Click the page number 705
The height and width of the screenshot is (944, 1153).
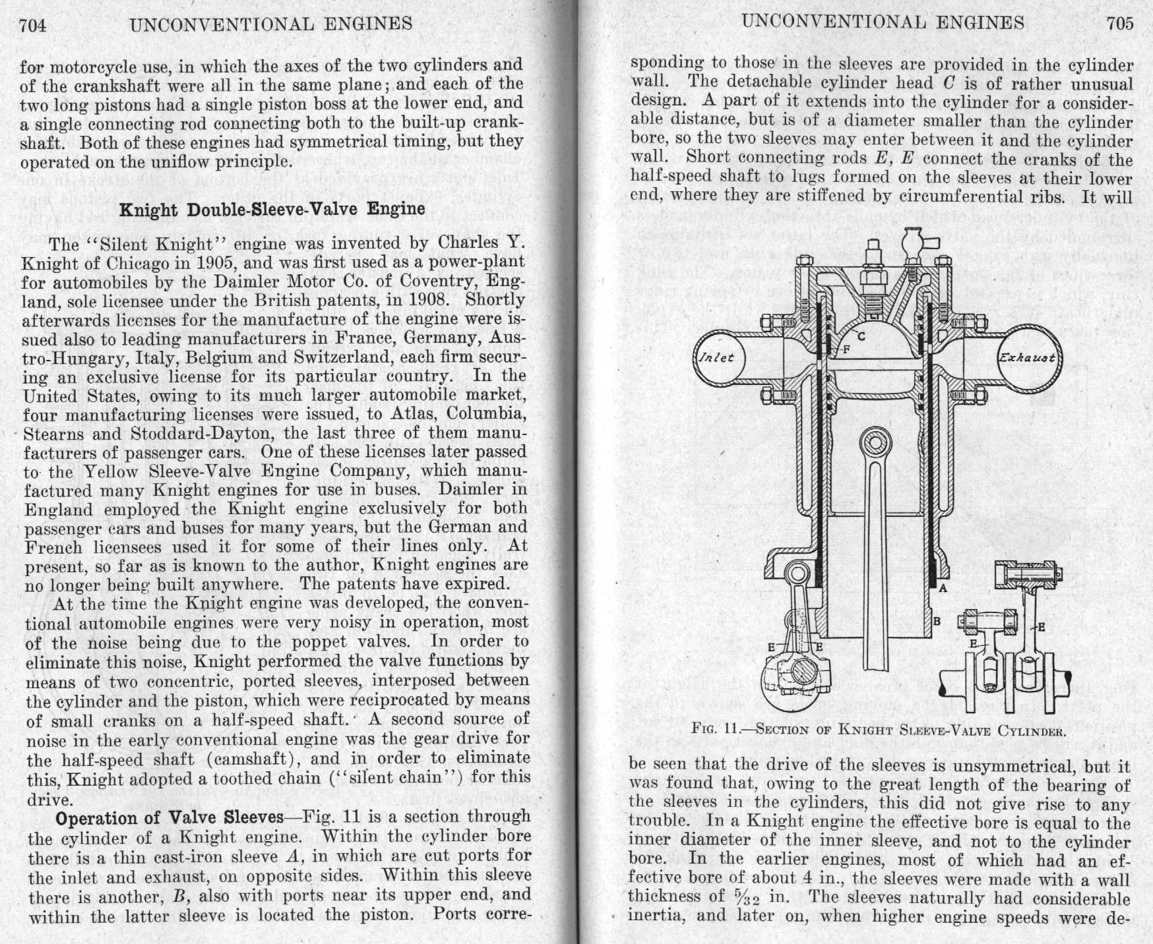(x=1120, y=23)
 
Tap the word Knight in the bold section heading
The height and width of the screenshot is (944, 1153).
(x=148, y=210)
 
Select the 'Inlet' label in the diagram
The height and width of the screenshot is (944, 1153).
(x=716, y=358)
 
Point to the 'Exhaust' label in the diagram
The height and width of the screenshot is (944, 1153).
(x=1027, y=358)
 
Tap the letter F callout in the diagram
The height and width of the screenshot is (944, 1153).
(x=846, y=349)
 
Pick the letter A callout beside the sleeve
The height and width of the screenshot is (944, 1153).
(x=943, y=588)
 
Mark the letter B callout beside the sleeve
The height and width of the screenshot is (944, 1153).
(x=936, y=621)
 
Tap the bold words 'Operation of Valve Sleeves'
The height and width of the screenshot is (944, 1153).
(x=170, y=818)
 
